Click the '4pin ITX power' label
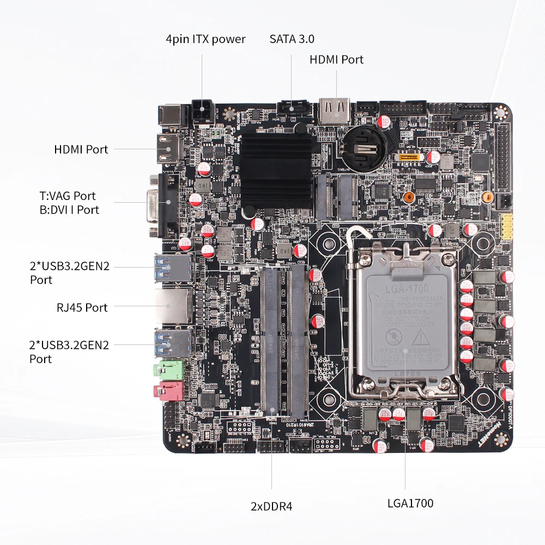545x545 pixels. (x=205, y=39)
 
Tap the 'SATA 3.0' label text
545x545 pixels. (x=292, y=39)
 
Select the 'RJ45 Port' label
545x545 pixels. (x=82, y=307)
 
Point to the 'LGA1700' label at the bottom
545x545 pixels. (x=410, y=503)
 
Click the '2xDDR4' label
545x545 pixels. (x=271, y=506)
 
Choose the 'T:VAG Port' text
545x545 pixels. (x=67, y=196)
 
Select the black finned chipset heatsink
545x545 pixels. (x=277, y=168)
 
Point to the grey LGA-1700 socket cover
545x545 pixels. (x=410, y=322)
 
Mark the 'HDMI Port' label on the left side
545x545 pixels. (x=81, y=149)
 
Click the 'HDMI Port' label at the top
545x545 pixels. (x=336, y=59)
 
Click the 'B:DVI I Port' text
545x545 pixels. (x=69, y=210)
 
